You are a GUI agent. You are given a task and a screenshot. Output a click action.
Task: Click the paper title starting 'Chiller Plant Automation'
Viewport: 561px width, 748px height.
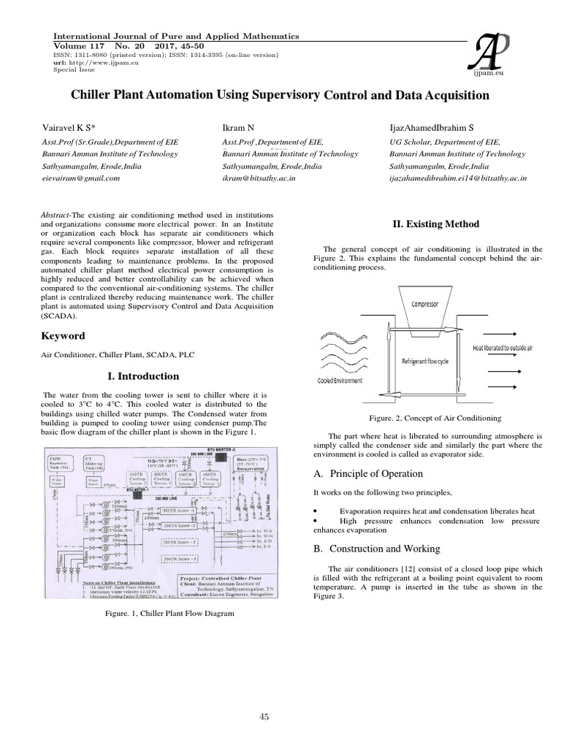(280, 96)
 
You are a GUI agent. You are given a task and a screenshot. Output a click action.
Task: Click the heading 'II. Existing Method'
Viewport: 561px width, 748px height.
(427, 224)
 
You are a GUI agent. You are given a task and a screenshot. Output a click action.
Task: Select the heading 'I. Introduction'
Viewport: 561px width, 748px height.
(143, 376)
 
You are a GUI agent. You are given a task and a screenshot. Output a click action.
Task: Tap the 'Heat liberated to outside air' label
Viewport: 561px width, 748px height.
(503, 348)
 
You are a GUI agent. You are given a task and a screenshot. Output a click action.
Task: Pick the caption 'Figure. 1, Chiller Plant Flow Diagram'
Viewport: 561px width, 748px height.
(170, 614)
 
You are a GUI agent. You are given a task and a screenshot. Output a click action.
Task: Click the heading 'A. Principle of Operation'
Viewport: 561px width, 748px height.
(367, 473)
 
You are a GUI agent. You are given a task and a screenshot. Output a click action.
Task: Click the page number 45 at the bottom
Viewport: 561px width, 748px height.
(264, 717)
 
